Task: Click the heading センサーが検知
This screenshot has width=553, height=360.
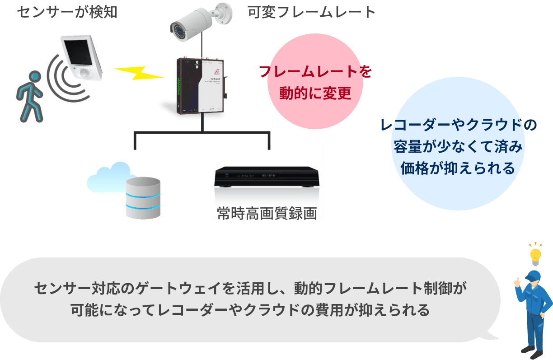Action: pos(67,12)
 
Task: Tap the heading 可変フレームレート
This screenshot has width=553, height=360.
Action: pos(311,12)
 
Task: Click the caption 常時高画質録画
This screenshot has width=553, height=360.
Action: pos(267,212)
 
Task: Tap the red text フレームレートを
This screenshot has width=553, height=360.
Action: pos(315,72)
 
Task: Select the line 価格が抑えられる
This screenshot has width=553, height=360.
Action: pos(458,168)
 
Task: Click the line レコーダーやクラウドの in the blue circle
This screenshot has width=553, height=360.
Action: pos(458,125)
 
